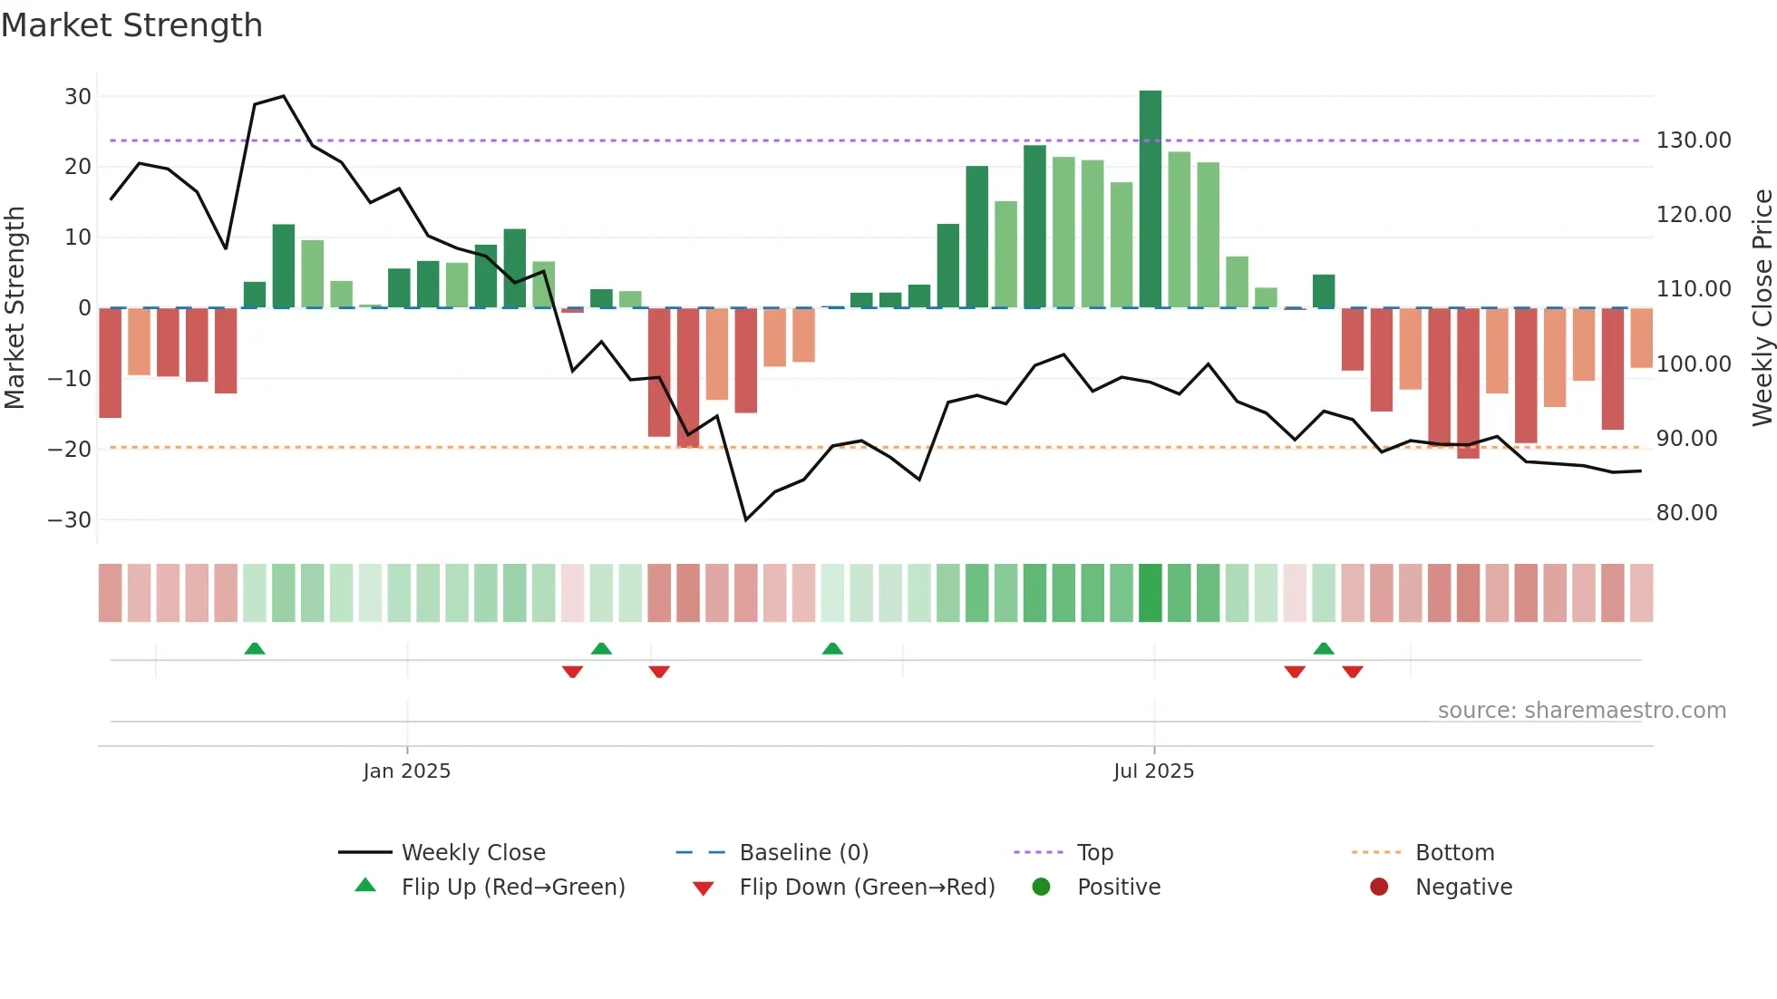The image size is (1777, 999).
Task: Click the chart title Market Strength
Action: (131, 25)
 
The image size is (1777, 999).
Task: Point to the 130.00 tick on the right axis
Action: (1693, 141)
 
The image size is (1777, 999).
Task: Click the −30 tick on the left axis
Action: (70, 520)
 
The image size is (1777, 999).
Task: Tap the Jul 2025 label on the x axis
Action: (1153, 771)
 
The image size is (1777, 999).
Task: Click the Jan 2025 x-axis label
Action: (406, 771)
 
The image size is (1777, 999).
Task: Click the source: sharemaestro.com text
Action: (1581, 711)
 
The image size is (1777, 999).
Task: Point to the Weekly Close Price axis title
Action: (1762, 308)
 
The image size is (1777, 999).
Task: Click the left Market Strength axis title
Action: (15, 308)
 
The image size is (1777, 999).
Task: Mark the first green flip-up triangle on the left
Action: (255, 648)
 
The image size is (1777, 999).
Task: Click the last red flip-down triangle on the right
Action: (1353, 672)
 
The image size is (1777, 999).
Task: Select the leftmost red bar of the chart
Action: (110, 363)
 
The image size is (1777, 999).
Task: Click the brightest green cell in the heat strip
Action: (1150, 593)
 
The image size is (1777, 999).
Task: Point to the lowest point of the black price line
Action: (745, 519)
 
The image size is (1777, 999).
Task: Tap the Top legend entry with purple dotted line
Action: (1094, 853)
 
